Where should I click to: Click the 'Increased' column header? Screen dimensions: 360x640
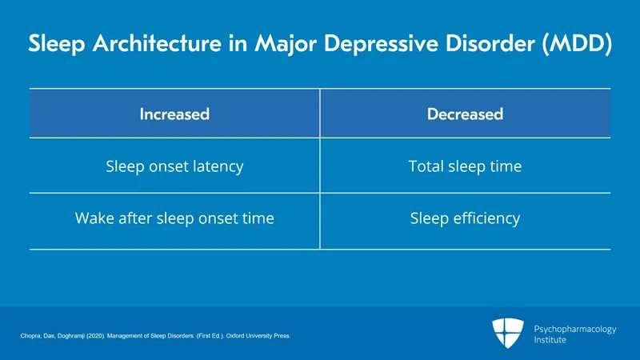(174, 114)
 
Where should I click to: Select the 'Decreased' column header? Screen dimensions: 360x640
(465, 114)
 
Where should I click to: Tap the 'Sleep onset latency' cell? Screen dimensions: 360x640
(174, 166)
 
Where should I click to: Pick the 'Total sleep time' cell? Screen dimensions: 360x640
(465, 166)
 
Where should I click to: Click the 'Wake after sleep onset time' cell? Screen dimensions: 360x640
(174, 218)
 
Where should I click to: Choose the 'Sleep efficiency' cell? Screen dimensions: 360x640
(465, 218)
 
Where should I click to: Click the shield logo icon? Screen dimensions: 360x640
(508, 334)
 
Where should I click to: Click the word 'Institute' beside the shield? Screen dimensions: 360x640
(550, 340)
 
